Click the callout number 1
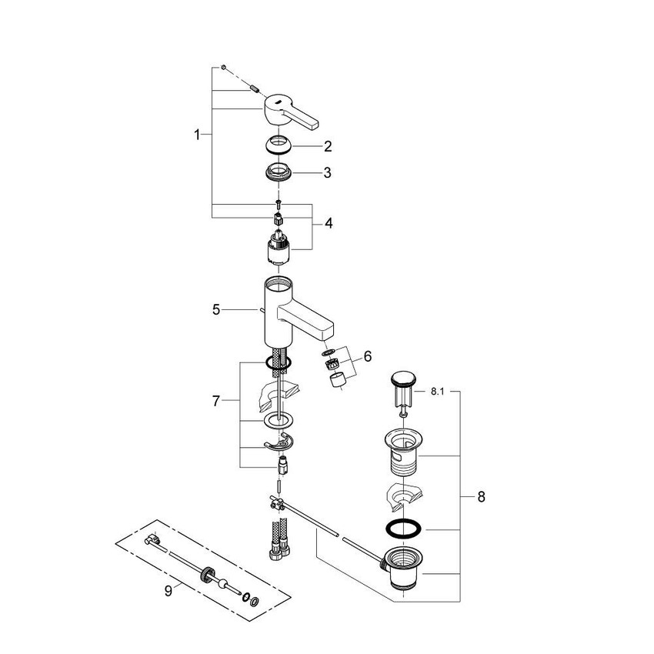click(197, 135)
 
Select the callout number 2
click(327, 145)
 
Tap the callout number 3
click(327, 173)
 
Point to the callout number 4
click(329, 224)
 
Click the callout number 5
click(217, 310)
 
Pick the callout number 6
click(367, 356)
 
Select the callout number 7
click(217, 401)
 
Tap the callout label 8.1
click(438, 392)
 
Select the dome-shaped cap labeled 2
click(279, 145)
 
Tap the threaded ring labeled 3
click(279, 172)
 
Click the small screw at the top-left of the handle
click(222, 68)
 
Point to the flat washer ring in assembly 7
click(279, 422)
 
